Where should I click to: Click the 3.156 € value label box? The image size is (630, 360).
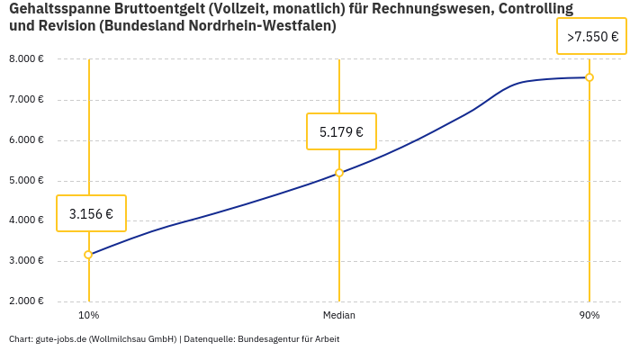[x=91, y=213]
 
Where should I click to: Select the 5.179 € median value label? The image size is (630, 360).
[x=341, y=131]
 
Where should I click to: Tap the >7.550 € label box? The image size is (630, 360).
[x=591, y=37]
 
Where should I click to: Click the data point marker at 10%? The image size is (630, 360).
[x=88, y=255]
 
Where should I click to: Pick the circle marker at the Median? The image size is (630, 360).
[x=339, y=173]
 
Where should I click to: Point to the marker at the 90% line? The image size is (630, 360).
[x=589, y=77]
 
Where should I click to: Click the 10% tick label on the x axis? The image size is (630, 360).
[x=88, y=315]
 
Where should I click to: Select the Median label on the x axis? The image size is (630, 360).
[x=339, y=315]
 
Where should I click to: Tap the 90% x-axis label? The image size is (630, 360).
[x=589, y=315]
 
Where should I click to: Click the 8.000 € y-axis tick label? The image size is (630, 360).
[x=26, y=59]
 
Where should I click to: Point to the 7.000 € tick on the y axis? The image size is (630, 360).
[x=26, y=100]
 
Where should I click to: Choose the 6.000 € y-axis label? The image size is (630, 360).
[x=26, y=140]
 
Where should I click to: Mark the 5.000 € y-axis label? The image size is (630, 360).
[x=26, y=181]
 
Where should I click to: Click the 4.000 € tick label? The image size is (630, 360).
[x=26, y=220]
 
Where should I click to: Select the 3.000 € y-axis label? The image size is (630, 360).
[x=26, y=261]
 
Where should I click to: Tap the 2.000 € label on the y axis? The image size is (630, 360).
[x=26, y=301]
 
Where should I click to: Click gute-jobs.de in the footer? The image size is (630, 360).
[x=61, y=339]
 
